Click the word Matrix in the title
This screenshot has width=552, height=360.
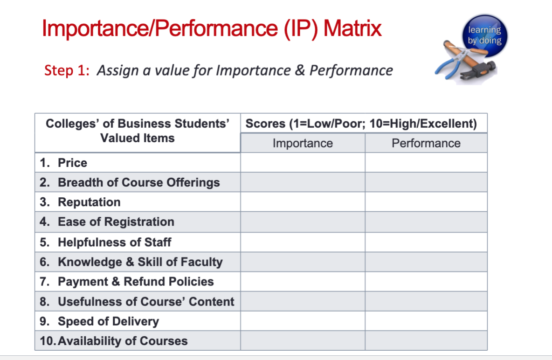tap(352, 29)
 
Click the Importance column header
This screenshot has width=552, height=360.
tap(303, 143)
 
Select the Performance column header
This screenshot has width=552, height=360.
tap(426, 143)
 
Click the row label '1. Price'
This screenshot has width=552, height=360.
tap(63, 163)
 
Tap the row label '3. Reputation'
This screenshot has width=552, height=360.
tap(80, 202)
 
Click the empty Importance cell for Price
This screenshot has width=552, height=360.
tap(303, 163)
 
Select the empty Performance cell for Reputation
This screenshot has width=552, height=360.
tap(426, 202)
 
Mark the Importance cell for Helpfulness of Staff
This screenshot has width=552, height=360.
tap(303, 242)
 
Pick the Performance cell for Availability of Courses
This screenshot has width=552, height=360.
tap(426, 341)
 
